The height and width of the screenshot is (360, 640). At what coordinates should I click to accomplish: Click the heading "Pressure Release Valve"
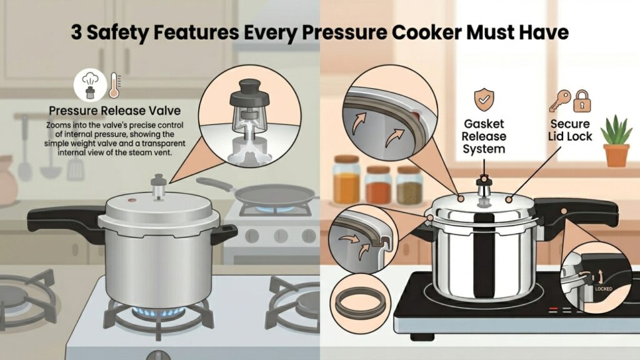click(115, 111)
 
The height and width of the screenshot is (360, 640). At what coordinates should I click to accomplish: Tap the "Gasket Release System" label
click(484, 136)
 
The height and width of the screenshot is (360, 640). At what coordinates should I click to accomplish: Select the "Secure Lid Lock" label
click(570, 130)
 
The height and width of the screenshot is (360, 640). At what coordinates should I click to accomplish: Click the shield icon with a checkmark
click(484, 99)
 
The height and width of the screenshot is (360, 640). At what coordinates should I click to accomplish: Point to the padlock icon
click(582, 101)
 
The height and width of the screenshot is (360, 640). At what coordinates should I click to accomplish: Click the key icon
click(559, 101)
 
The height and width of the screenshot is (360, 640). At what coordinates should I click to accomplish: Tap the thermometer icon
click(114, 85)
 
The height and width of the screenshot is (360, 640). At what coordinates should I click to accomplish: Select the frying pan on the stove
click(261, 192)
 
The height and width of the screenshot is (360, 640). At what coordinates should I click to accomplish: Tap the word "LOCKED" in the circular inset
click(603, 289)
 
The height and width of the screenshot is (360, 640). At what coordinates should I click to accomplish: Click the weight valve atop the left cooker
click(158, 186)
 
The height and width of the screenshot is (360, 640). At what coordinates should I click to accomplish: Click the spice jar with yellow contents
click(346, 180)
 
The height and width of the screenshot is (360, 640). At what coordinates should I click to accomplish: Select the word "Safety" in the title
click(116, 32)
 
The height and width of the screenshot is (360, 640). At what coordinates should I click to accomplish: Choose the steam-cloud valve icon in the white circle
click(90, 85)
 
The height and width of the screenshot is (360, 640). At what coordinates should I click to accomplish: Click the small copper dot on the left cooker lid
click(132, 201)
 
